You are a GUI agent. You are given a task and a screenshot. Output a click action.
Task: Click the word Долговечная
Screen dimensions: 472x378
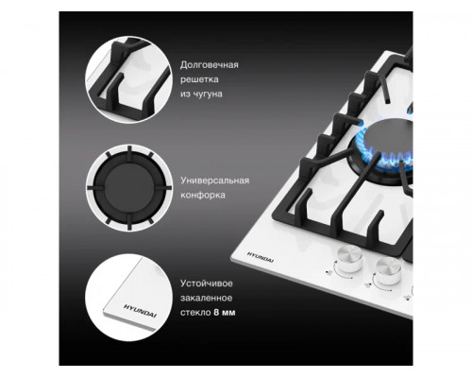(x=210, y=65)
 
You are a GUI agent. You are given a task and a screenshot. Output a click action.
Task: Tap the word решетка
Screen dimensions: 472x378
(x=199, y=79)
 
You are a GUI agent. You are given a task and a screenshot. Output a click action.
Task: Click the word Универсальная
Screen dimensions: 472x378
(x=215, y=180)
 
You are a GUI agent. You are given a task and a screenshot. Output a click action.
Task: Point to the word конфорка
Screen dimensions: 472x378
(x=203, y=195)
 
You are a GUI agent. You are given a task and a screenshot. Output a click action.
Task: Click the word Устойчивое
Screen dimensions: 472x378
(x=207, y=283)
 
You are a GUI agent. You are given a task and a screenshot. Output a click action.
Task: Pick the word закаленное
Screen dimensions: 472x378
(x=206, y=298)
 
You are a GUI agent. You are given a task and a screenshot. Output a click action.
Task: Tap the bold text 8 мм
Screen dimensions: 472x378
(x=225, y=313)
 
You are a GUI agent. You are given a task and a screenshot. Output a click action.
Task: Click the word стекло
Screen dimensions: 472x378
(x=195, y=313)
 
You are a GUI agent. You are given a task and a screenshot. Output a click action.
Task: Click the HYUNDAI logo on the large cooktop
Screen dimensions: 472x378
(x=260, y=257)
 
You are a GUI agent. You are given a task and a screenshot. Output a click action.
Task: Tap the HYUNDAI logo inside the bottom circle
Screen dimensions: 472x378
(x=140, y=311)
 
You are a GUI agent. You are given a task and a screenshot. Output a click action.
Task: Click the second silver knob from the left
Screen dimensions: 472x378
(x=389, y=270)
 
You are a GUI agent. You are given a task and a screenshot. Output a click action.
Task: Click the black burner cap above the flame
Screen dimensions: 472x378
(x=389, y=134)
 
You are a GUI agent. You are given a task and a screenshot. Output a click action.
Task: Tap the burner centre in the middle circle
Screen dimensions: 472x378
(x=129, y=188)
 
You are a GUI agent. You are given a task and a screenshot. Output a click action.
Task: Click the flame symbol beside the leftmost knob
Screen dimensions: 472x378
(x=329, y=273)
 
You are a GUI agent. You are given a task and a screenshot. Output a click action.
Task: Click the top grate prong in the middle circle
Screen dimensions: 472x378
(x=129, y=153)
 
